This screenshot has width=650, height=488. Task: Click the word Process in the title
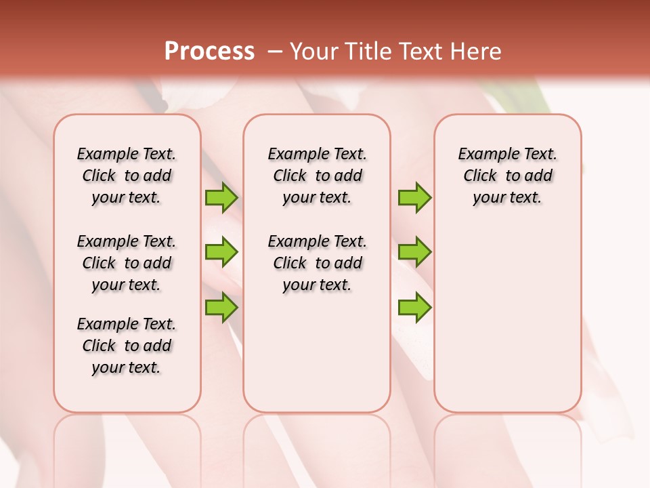209,52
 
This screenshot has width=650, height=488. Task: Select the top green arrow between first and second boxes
221,197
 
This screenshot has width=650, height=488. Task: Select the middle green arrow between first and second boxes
221,252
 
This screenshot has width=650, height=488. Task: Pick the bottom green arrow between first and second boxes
221,307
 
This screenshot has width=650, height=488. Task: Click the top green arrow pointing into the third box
414,197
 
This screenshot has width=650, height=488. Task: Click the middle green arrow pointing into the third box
414,252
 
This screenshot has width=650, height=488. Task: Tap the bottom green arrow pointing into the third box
414,307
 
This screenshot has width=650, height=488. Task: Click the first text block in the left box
127,176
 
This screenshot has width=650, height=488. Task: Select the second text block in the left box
127,263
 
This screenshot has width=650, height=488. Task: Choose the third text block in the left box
127,346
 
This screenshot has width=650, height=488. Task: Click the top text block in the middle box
318,176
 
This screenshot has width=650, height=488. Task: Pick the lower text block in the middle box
318,263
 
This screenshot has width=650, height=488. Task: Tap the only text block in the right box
507,176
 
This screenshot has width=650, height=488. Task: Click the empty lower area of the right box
507,319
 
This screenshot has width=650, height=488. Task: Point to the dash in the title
275,52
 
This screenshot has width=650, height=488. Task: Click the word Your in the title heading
313,52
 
